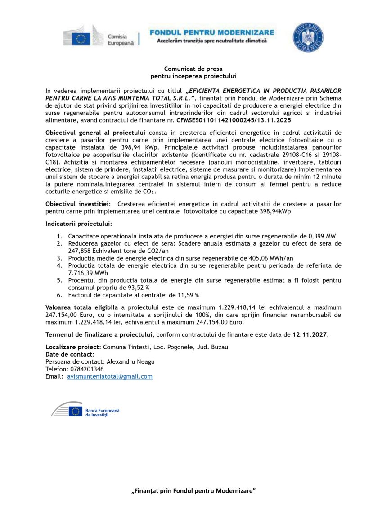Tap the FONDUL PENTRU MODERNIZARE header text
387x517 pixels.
click(211, 32)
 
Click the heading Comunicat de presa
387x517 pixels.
click(193, 69)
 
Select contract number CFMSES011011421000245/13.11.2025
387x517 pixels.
click(227, 121)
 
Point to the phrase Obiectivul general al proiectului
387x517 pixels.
click(95, 133)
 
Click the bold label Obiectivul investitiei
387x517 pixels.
click(78, 204)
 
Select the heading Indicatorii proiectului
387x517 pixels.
click(79, 224)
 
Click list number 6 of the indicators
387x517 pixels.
click(59, 295)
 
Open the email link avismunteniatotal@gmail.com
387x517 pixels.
click(110, 376)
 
